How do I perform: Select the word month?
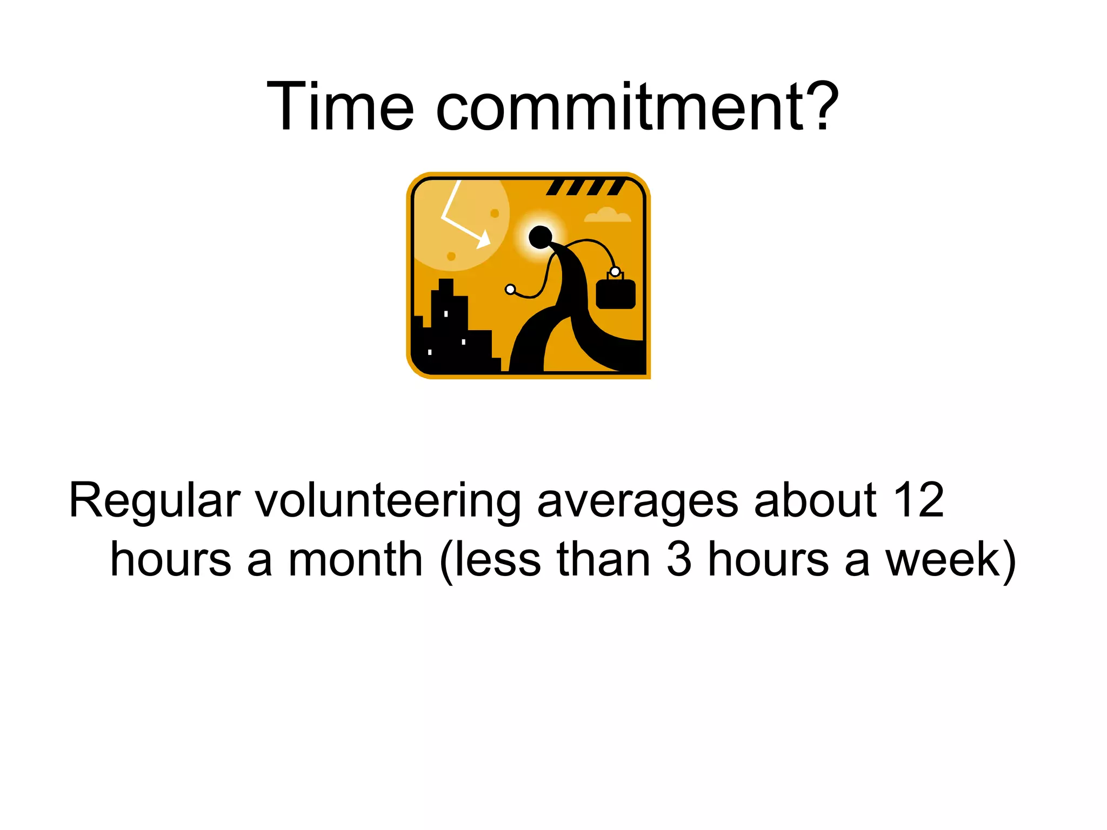tap(355, 560)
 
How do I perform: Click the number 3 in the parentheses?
tap(678, 560)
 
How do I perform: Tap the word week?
tap(943, 560)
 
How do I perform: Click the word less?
tap(498, 560)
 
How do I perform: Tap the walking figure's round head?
tap(540, 237)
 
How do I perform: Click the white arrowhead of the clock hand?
tap(484, 239)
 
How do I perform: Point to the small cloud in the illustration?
tap(608, 216)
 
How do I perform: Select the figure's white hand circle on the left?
tap(510, 290)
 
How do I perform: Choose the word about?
tap(815, 500)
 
